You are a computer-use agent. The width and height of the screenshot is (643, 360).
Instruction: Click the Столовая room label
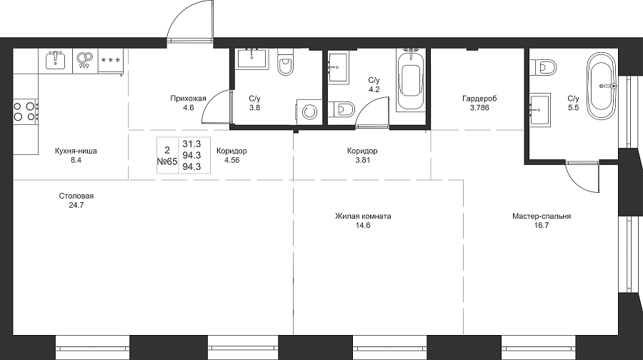pos(76,196)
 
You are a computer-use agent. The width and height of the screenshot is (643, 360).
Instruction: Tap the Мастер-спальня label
pos(542,216)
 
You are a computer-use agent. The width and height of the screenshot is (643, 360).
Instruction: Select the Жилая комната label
pos(363,216)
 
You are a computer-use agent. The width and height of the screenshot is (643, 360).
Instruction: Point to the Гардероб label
pos(479,99)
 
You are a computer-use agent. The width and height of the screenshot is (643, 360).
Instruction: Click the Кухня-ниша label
pos(76,151)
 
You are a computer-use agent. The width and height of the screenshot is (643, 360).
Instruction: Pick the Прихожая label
pos(188,99)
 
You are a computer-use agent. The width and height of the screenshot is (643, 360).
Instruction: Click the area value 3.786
pos(479,108)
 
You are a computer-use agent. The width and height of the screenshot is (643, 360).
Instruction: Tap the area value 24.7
pos(76,205)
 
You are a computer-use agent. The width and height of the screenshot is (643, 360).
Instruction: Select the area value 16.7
pos(542,225)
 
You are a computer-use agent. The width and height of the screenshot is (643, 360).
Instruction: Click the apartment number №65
pos(167,161)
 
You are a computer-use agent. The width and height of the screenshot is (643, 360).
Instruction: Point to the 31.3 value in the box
pos(191,144)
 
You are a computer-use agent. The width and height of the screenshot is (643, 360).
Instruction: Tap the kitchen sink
pos(56,61)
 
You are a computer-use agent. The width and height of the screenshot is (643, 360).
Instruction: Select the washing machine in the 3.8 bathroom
pos(308,111)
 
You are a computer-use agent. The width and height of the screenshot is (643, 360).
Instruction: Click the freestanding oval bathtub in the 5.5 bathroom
pos(602,86)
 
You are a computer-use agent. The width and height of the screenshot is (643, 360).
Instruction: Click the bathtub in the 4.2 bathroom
pos(412,80)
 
